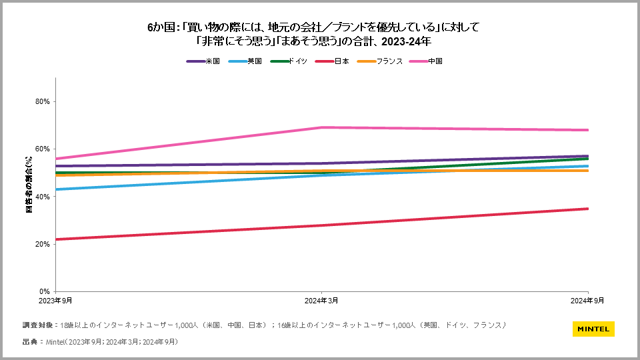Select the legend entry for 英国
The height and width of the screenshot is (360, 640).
tap(245, 61)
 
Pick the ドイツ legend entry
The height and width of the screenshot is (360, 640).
tap(289, 61)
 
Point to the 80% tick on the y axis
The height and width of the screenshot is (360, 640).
tap(43, 101)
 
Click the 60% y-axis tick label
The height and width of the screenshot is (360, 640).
tap(43, 149)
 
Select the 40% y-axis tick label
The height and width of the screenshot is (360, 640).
tap(43, 197)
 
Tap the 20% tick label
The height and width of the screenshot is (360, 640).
tap(43, 244)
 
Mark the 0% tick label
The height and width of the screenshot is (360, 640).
tap(45, 291)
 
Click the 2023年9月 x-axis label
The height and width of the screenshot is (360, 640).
tap(56, 301)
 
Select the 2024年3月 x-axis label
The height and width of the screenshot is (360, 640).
tap(322, 301)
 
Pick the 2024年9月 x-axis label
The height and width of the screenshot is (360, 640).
tap(588, 301)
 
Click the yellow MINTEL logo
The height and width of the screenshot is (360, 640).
tap(593, 329)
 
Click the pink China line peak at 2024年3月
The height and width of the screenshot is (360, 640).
tap(322, 127)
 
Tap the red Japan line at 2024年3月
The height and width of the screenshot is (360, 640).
tap(322, 225)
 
